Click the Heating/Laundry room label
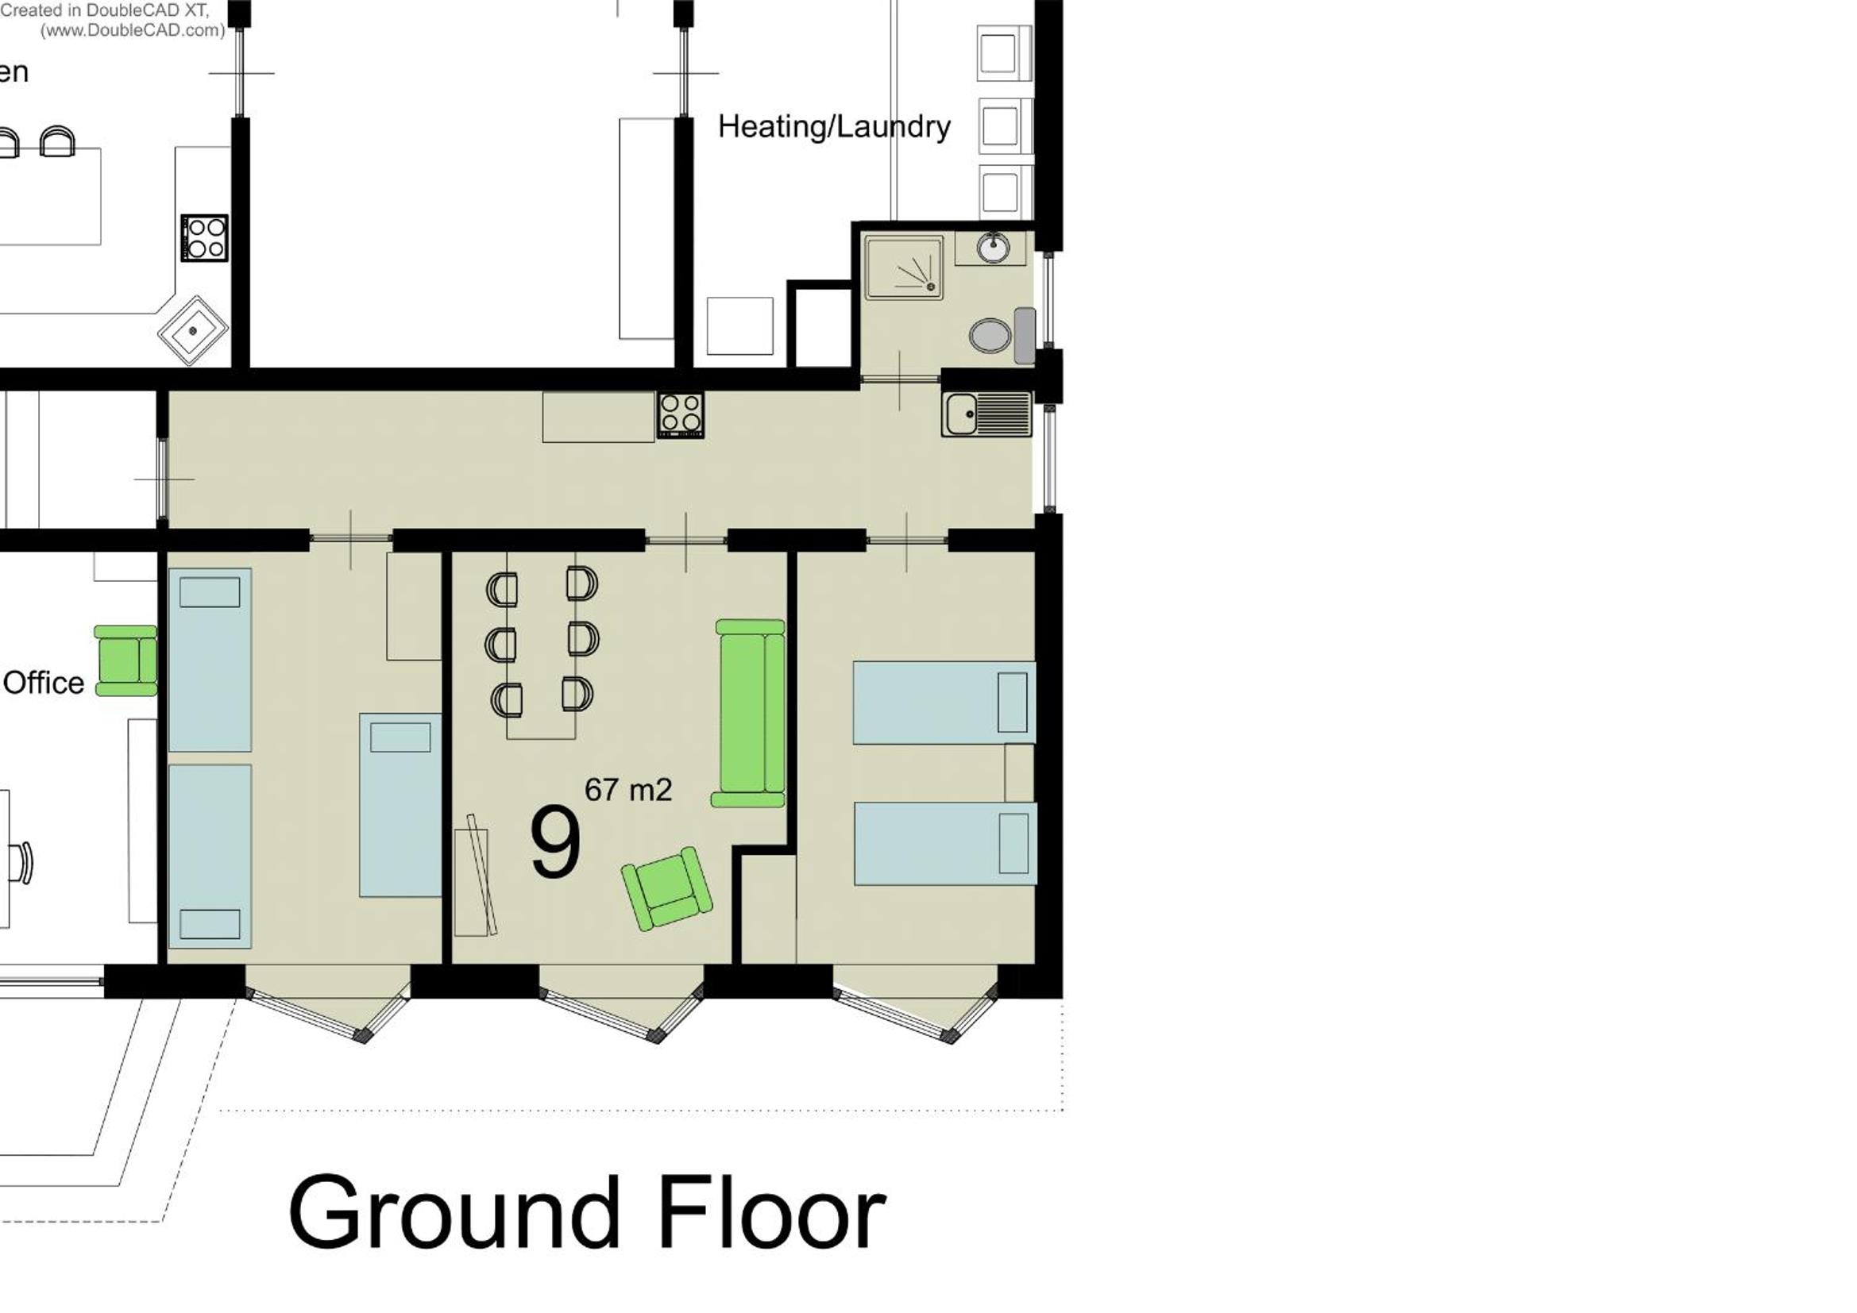pos(834,127)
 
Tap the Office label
pos(44,683)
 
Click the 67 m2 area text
pos(628,790)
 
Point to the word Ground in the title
pos(454,1212)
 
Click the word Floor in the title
pos(773,1212)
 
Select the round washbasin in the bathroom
pos(992,248)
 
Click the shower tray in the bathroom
pos(903,267)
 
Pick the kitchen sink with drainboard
pos(986,414)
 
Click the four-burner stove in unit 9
pos(680,414)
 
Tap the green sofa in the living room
pos(749,713)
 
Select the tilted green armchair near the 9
pos(667,888)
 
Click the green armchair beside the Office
pos(126,660)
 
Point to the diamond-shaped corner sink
pos(192,330)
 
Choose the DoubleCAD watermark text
pos(114,20)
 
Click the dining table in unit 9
pos(541,645)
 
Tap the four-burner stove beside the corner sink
pos(205,237)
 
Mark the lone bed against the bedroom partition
pos(400,804)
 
